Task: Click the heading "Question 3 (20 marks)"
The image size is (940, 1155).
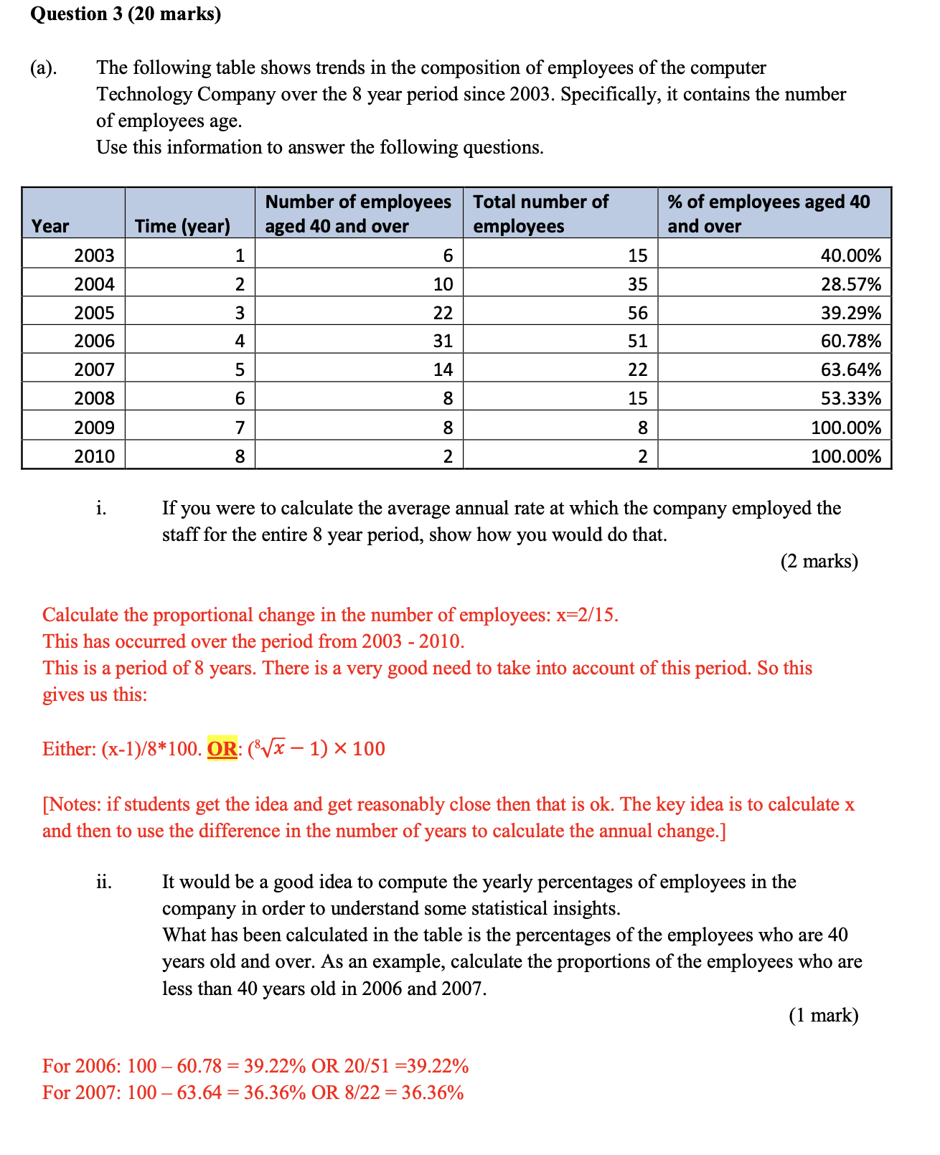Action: coord(126,14)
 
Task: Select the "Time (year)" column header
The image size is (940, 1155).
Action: coord(182,226)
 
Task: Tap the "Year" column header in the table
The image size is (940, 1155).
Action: coord(50,226)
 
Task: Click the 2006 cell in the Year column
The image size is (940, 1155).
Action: coord(94,341)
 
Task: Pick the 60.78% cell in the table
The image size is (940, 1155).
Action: coord(851,341)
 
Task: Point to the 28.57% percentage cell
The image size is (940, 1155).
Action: coord(851,284)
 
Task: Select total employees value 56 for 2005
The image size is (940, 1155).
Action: coord(637,313)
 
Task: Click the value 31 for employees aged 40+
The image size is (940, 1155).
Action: coord(443,341)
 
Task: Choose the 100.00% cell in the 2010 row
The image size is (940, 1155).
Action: coord(846,456)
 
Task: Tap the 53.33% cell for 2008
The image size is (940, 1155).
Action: coord(851,398)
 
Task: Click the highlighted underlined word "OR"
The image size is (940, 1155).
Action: coord(222,749)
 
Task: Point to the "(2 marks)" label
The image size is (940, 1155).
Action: coord(819,561)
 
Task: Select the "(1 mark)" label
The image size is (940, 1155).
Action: coord(823,1015)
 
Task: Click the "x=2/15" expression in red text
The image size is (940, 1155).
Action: coord(587,615)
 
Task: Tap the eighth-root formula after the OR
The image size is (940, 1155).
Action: coord(316,749)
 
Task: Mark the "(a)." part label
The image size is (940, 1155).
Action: coord(44,67)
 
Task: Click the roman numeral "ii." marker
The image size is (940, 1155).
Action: coord(104,882)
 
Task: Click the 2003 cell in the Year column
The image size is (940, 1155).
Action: coord(94,255)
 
